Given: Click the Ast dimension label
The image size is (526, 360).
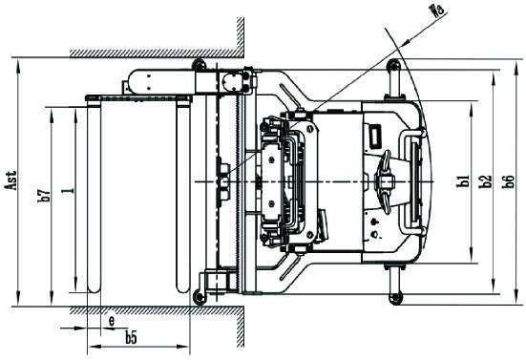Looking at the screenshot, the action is tap(11, 180).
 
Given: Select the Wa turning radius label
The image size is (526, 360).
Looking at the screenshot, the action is tap(438, 10).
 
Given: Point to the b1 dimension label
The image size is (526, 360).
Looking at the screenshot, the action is tap(464, 181).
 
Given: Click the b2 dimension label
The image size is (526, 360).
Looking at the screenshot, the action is tap(486, 181).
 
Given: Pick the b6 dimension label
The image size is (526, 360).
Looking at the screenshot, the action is tap(508, 181).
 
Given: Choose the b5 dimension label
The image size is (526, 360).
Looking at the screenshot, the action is tap(132, 338).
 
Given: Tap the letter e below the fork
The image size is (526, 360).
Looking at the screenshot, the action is tap(112, 322).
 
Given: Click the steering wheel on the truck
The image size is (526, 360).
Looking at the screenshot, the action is tap(387, 181).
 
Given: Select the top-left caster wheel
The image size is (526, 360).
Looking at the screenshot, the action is tap(199, 65).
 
